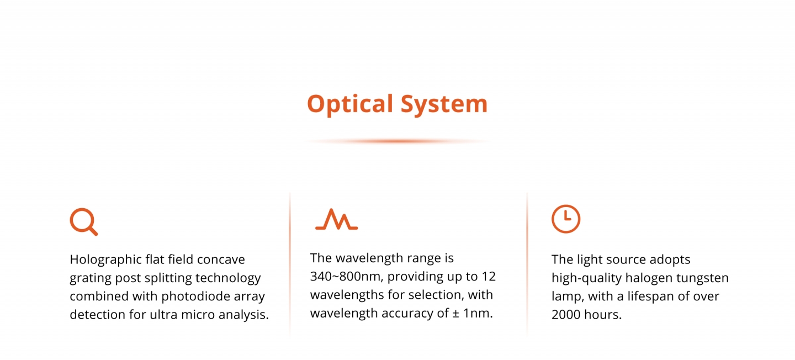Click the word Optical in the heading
350,104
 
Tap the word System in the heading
444,104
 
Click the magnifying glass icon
83,221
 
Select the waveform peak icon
336,219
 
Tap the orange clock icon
566,219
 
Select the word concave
221,260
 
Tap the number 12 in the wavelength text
489,277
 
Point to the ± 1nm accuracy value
473,313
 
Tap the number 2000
566,315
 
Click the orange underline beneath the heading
397,141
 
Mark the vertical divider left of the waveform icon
290,264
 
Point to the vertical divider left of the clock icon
527,264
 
